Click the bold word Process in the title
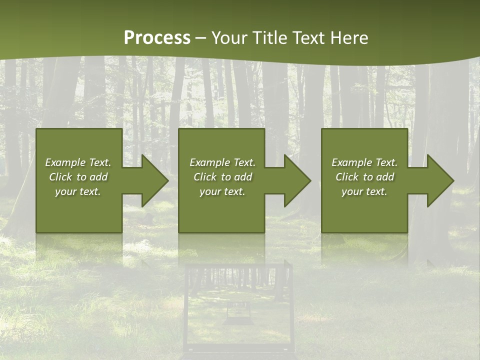(x=157, y=38)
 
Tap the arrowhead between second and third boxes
(x=296, y=180)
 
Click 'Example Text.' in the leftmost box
(x=78, y=162)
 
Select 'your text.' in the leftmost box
(x=78, y=191)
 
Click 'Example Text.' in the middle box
(x=222, y=162)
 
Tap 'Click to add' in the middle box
(x=222, y=177)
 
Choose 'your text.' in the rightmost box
(x=364, y=191)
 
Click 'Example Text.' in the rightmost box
(x=364, y=162)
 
